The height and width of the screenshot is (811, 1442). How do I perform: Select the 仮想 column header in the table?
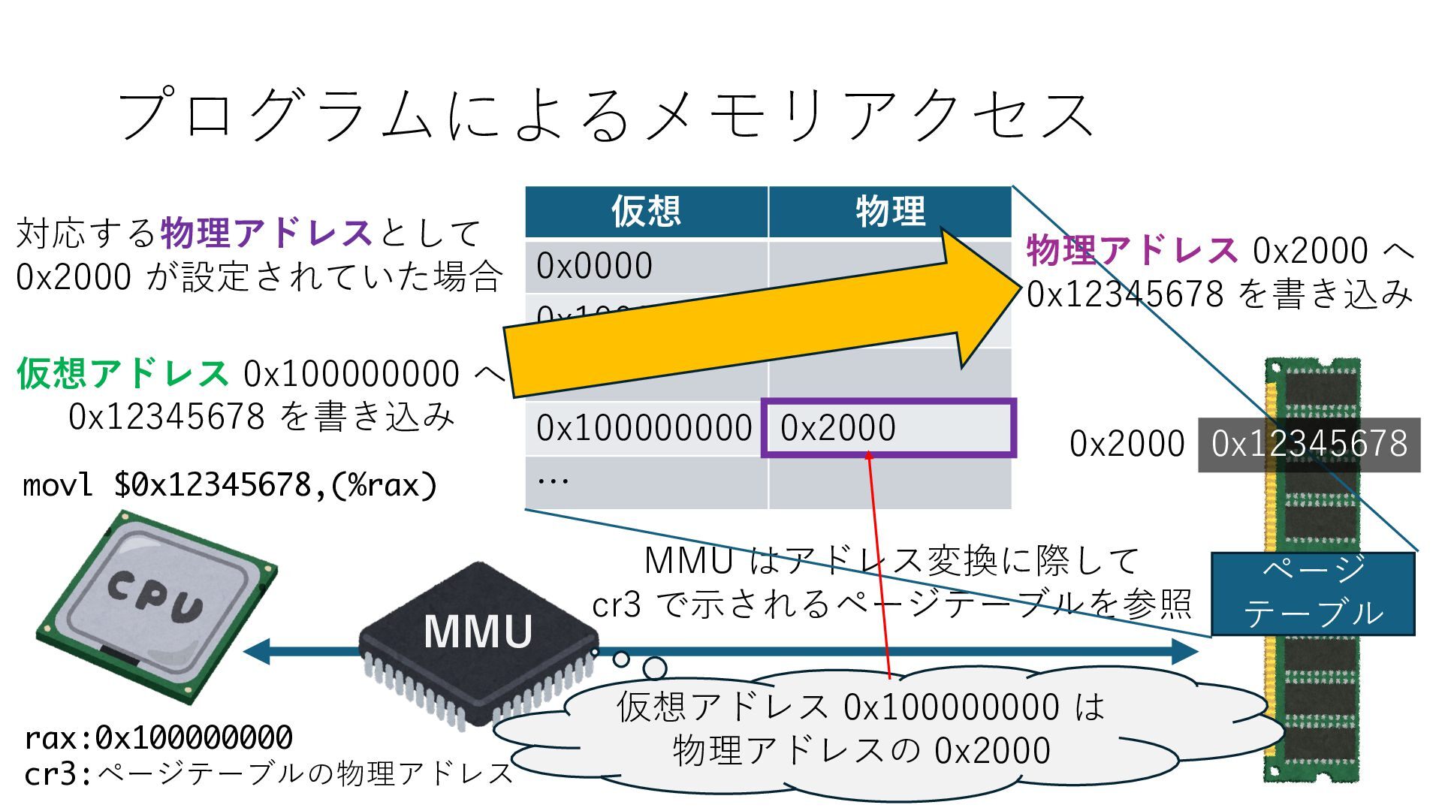pyautogui.click(x=646, y=211)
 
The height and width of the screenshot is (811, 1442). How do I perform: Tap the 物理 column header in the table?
pyautogui.click(x=890, y=211)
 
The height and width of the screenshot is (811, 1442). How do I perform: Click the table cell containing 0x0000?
pyautogui.click(x=646, y=266)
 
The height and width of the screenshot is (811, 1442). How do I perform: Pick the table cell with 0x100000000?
pyautogui.click(x=644, y=428)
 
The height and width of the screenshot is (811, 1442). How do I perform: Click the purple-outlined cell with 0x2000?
pyautogui.click(x=888, y=428)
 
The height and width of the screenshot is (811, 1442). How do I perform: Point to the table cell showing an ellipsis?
pyautogui.click(x=646, y=481)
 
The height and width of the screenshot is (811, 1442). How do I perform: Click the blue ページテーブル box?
pyautogui.click(x=1313, y=594)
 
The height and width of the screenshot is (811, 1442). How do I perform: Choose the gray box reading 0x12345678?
pyautogui.click(x=1309, y=445)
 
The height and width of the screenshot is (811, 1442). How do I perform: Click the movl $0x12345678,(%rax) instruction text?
pyautogui.click(x=230, y=485)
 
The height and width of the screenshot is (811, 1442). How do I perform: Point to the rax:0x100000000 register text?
pyautogui.click(x=158, y=738)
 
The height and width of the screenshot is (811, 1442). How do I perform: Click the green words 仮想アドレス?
pyautogui.click(x=122, y=373)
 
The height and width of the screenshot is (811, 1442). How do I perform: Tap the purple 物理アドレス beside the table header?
pyautogui.click(x=1131, y=250)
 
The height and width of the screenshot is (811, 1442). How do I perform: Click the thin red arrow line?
pyautogui.click(x=879, y=563)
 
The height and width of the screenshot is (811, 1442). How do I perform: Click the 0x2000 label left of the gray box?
pyautogui.click(x=1127, y=444)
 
